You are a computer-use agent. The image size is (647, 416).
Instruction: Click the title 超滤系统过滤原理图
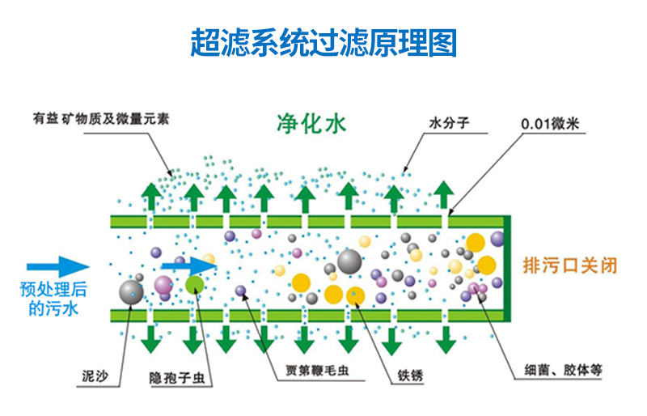[323, 42]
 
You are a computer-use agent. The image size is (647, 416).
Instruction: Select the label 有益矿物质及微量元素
[101, 117]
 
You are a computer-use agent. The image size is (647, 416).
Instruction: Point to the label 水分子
[450, 124]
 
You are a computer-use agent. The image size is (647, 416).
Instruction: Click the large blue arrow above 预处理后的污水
[57, 266]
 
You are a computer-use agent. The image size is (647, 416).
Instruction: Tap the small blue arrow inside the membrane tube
[187, 265]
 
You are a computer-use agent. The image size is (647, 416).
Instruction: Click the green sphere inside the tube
[195, 284]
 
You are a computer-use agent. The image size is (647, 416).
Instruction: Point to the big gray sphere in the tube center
[349, 261]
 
